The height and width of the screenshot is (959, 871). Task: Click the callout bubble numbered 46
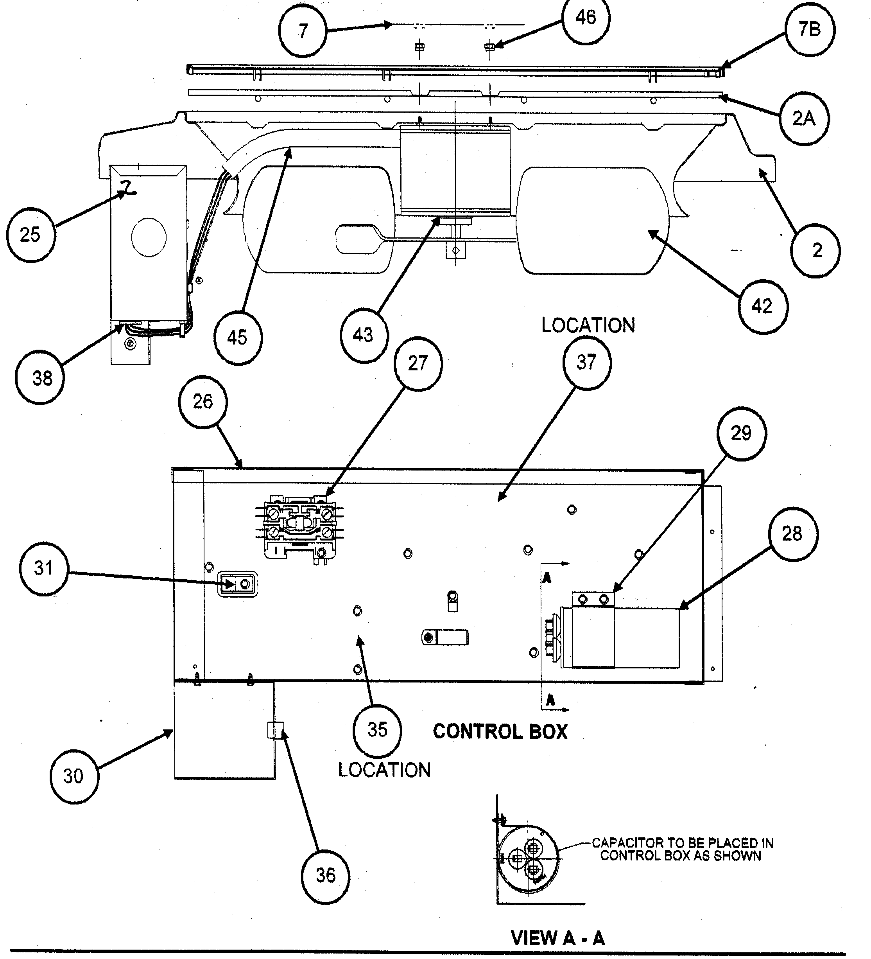coord(585,18)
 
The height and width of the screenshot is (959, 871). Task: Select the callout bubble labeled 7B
coord(809,29)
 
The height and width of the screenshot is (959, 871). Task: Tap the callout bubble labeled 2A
coord(803,119)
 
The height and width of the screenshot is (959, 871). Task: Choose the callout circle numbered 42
coord(762,306)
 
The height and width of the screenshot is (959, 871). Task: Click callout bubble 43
coord(364,335)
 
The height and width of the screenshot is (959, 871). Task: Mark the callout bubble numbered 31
coord(44,568)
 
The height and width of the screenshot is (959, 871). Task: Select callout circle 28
coord(792,534)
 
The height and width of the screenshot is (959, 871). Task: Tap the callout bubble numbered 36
coord(326,875)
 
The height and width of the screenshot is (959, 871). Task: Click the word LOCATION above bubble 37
coord(588,326)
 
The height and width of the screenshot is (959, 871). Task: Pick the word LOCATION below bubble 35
coord(384,770)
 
